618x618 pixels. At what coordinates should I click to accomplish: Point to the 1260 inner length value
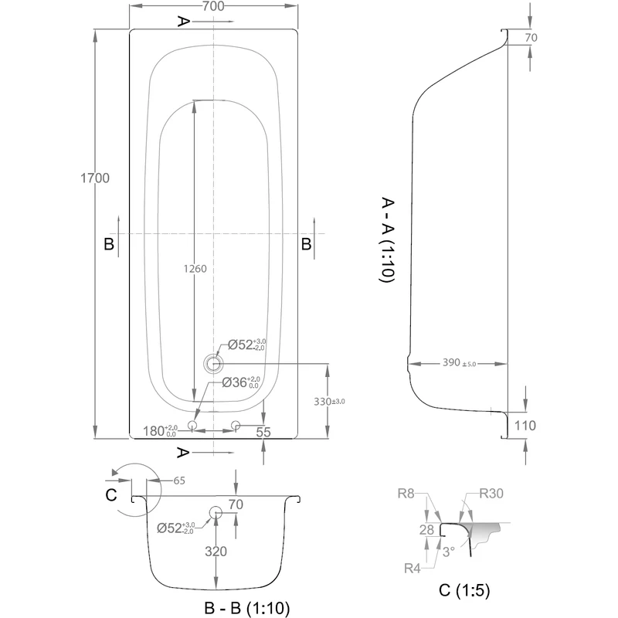tap(195, 269)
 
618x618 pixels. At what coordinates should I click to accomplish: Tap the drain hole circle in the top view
tap(212, 363)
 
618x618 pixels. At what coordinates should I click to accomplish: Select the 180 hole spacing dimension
tap(161, 430)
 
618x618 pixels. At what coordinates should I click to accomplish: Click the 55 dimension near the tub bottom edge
tap(263, 433)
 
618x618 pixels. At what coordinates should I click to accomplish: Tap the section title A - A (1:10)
tap(388, 241)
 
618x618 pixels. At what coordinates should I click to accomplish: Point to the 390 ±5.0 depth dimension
tap(459, 362)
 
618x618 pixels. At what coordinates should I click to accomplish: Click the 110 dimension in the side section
tap(525, 425)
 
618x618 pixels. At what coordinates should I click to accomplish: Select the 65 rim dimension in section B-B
tap(178, 480)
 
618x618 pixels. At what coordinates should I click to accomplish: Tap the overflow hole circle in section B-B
tap(215, 512)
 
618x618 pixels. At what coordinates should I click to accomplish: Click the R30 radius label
tap(491, 494)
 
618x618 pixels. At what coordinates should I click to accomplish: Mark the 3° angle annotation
tap(448, 552)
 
